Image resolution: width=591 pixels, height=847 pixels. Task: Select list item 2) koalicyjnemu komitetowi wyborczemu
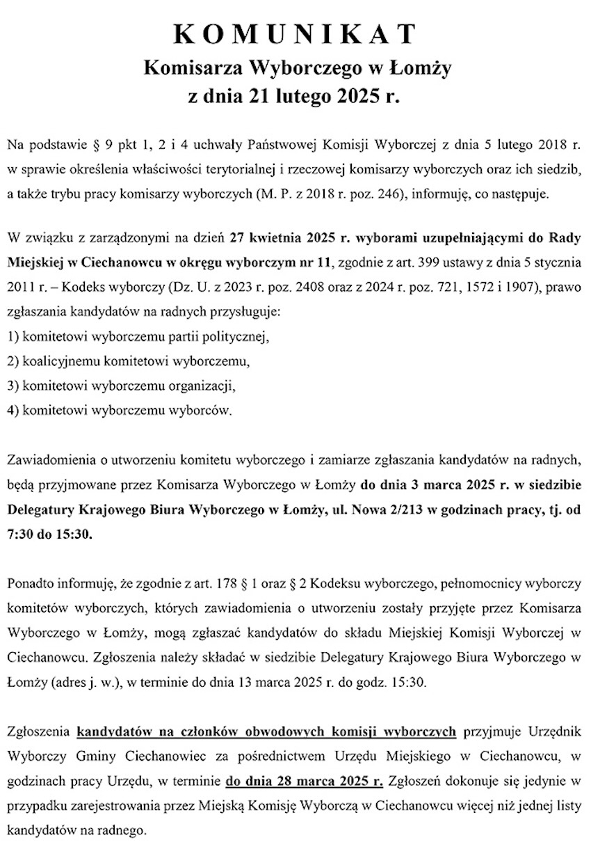coord(127,362)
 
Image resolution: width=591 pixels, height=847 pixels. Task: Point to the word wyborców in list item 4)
coord(204,409)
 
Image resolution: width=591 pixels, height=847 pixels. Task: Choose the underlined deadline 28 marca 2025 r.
coord(305,781)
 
